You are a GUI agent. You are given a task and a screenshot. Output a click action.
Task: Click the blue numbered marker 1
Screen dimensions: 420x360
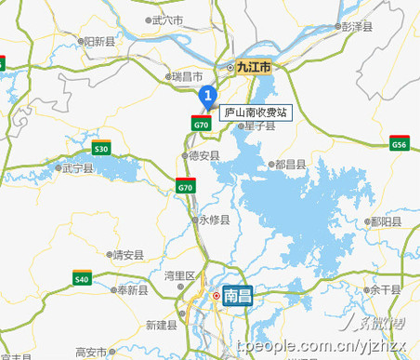[x=209, y=94]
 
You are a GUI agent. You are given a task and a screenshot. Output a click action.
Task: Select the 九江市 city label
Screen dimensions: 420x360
[x=251, y=68]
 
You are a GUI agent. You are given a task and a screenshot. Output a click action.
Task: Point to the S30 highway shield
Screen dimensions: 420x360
[x=101, y=148]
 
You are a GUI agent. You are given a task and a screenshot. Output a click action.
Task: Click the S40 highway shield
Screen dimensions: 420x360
[x=82, y=278]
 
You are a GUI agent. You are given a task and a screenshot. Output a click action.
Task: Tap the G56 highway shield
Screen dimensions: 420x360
[x=400, y=144]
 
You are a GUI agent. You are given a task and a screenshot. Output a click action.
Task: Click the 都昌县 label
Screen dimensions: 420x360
[x=291, y=164]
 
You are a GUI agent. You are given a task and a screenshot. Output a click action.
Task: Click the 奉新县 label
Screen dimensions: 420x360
[x=132, y=290]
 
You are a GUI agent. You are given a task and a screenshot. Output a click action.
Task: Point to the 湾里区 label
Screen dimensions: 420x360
[x=179, y=275]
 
